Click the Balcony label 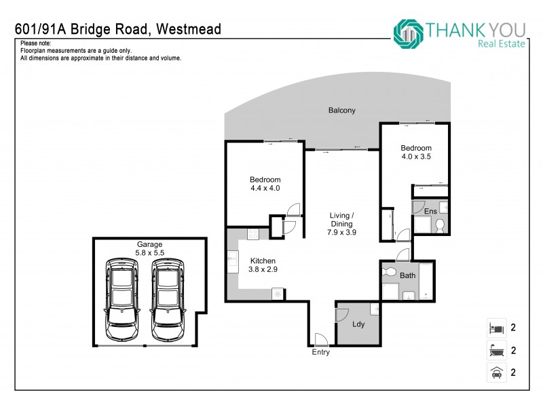341,111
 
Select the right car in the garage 168,300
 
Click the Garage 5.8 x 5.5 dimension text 150,252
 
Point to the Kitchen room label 262,260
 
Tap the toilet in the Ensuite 439,225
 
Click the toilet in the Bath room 389,272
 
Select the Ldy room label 358,324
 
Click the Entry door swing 320,338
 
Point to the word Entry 320,353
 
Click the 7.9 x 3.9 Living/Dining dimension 343,232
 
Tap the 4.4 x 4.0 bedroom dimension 265,189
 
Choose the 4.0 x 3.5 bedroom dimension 415,157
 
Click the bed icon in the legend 495,328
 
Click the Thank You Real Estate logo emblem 408,32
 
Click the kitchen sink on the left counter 233,258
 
